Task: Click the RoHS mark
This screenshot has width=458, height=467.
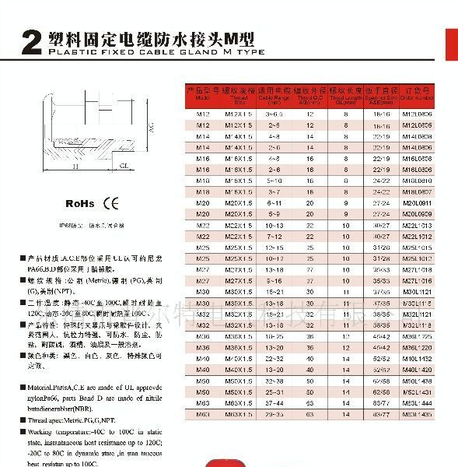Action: tap(79, 203)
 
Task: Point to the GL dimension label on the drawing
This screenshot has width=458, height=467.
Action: tap(124, 166)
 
